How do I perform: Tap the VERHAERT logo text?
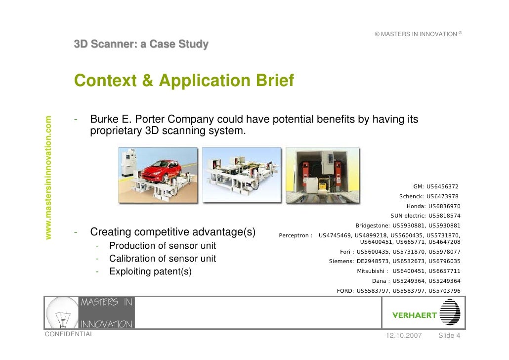click(415, 315)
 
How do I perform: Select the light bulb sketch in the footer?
click(62, 313)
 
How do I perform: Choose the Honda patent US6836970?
click(444, 206)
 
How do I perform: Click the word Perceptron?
click(294, 235)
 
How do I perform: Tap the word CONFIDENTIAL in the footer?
click(69, 334)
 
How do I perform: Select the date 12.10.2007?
click(403, 336)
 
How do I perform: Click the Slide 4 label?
click(449, 336)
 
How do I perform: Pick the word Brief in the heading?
click(274, 80)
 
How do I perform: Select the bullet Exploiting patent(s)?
click(150, 271)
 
